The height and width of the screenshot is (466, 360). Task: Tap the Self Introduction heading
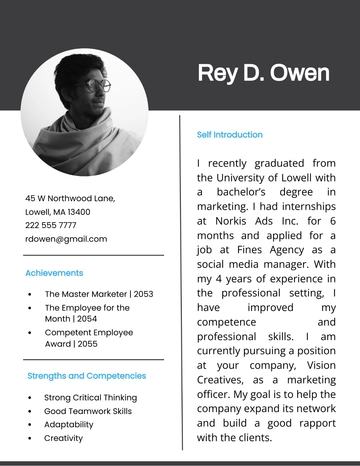click(x=230, y=134)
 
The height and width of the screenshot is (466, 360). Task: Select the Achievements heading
click(x=54, y=272)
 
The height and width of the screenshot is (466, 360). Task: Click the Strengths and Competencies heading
click(x=86, y=376)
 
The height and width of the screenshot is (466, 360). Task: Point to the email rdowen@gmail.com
click(x=66, y=239)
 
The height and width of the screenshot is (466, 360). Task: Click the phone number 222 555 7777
click(x=58, y=225)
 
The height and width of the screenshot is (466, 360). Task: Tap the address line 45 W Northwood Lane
click(x=70, y=198)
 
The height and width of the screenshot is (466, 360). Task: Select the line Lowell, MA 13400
click(x=57, y=212)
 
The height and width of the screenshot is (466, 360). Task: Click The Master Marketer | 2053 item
click(x=99, y=294)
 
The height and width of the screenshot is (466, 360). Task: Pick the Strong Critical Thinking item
click(x=90, y=397)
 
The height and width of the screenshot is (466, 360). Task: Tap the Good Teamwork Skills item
click(x=88, y=411)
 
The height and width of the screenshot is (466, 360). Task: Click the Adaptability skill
click(x=70, y=424)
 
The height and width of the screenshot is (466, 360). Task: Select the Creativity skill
click(x=64, y=438)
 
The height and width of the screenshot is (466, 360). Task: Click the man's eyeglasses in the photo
click(x=97, y=85)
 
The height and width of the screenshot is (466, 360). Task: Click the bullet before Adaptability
click(x=32, y=424)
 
